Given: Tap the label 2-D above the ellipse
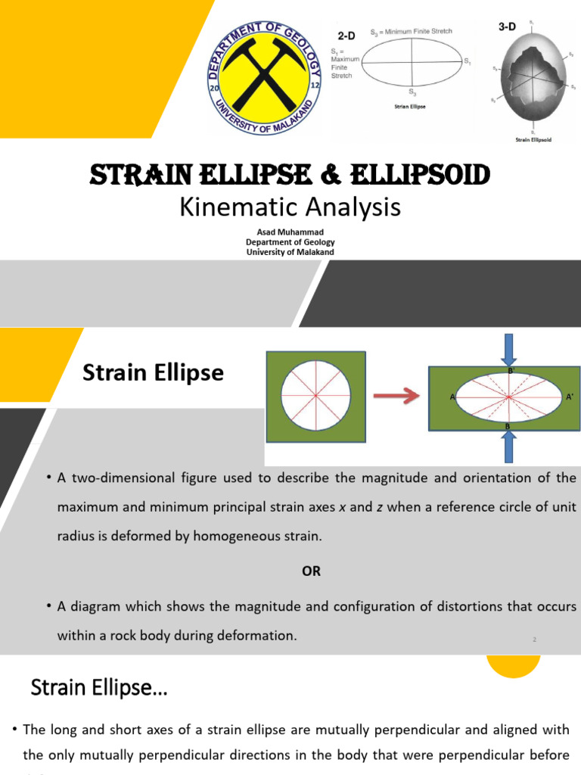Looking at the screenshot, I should (346, 36).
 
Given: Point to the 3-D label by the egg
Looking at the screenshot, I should (507, 26).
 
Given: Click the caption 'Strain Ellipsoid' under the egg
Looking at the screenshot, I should (533, 139).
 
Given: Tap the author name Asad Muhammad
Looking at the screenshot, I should (290, 232).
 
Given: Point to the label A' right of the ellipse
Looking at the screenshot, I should (570, 397).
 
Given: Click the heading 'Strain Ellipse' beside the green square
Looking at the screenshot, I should (153, 372).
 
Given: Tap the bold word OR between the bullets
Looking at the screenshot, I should (311, 571).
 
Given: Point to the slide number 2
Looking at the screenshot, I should (534, 640).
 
